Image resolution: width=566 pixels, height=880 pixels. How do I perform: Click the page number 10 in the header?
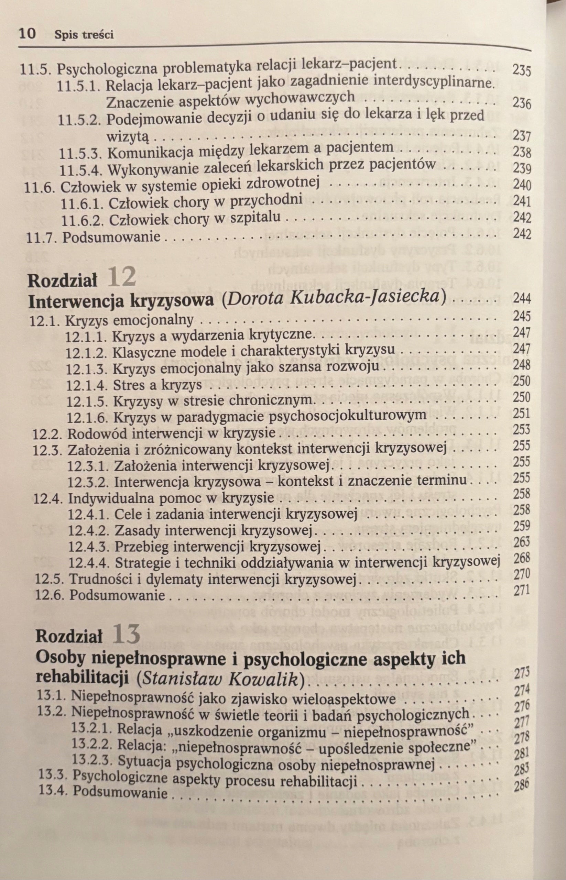(x=27, y=34)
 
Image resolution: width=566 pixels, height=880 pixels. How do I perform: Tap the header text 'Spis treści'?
(x=84, y=35)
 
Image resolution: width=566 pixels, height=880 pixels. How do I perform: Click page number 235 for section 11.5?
(x=521, y=70)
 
